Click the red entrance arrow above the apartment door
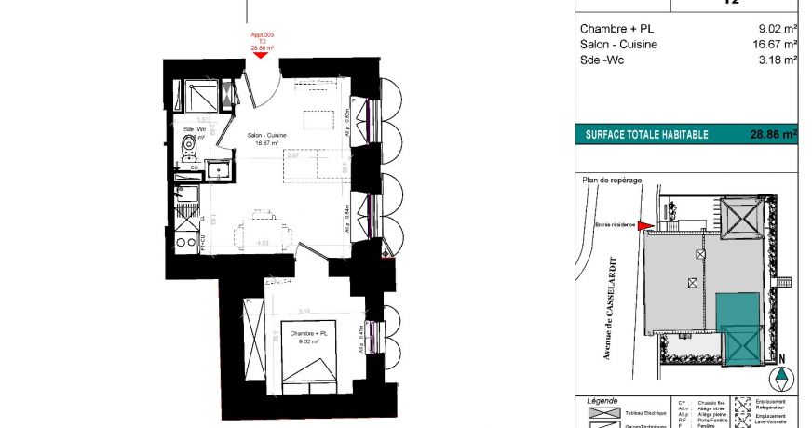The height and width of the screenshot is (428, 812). point(260,55)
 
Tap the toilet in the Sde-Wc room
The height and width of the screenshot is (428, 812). point(190,146)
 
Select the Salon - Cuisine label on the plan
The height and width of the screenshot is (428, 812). point(267,137)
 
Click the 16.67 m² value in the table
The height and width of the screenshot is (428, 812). point(778,44)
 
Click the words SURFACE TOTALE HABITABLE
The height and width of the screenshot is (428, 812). point(646,135)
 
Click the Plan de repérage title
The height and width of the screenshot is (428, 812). point(612,181)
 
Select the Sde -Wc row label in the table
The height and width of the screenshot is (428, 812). point(601,60)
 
